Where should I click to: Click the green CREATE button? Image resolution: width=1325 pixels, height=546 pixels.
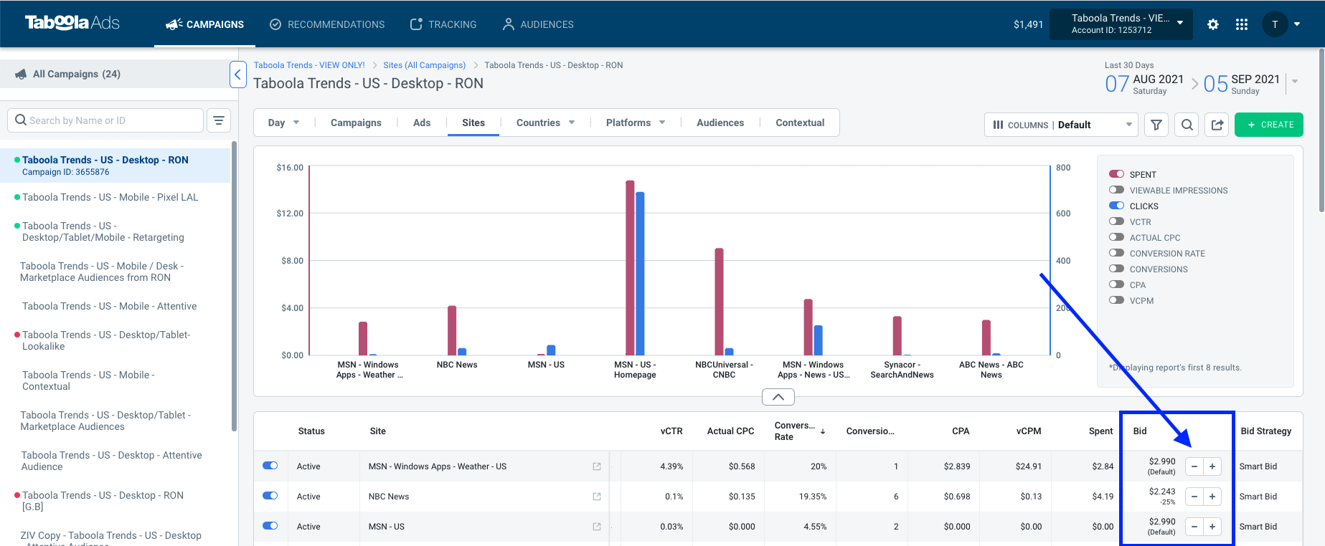(x=1268, y=125)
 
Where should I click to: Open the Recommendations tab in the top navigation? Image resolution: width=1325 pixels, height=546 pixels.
(x=327, y=24)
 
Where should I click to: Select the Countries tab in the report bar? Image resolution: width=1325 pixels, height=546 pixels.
(x=545, y=123)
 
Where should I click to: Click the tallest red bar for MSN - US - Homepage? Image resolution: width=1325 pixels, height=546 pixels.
(x=630, y=268)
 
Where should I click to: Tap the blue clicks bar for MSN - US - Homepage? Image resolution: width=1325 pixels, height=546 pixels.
(x=640, y=274)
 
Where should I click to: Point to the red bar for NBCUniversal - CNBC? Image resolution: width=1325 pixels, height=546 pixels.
(x=719, y=302)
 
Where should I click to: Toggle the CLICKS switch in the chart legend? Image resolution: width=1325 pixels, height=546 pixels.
(x=1116, y=206)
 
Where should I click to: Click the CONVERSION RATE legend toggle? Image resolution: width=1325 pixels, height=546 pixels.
(x=1116, y=253)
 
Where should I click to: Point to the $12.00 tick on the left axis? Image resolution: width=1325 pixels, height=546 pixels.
(x=290, y=214)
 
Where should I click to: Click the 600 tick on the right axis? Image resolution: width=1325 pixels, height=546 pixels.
(x=1063, y=214)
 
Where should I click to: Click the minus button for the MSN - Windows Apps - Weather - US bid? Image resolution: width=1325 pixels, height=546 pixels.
(x=1194, y=466)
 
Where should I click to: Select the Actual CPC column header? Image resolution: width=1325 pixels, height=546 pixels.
(x=730, y=431)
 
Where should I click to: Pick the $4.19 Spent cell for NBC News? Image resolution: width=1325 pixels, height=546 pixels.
(x=1103, y=497)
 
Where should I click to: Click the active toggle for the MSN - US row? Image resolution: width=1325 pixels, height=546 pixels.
(x=270, y=526)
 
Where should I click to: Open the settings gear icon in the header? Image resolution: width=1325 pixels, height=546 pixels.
(x=1213, y=24)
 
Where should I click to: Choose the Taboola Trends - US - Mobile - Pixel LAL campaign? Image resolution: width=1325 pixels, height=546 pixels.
(x=110, y=197)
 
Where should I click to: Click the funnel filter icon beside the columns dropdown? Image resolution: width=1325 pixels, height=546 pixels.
(x=1156, y=125)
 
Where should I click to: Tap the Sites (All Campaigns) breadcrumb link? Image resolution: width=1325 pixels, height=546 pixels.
(x=425, y=65)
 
